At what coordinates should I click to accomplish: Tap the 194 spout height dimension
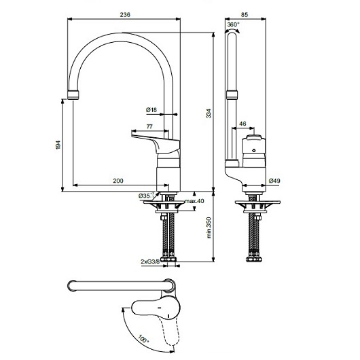(59, 144)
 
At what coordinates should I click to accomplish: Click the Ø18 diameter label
(151, 109)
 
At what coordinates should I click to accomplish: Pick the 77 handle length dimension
(148, 126)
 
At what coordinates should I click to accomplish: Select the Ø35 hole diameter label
(144, 196)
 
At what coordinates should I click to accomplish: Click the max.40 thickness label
(194, 201)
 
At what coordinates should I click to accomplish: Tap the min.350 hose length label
(209, 226)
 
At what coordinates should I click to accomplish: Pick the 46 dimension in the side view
(242, 124)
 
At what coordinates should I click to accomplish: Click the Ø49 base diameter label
(275, 180)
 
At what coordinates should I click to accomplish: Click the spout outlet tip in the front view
(72, 94)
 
